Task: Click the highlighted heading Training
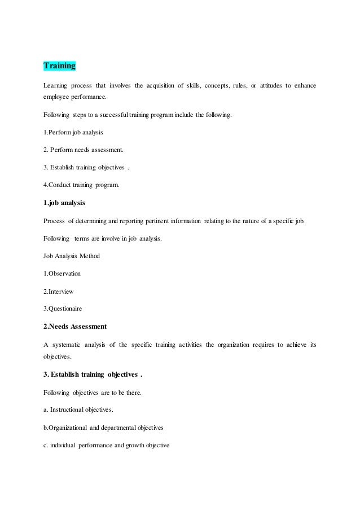59,66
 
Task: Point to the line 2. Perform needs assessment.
83,151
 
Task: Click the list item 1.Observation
62,273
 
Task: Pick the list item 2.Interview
58,291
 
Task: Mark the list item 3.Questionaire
63,308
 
